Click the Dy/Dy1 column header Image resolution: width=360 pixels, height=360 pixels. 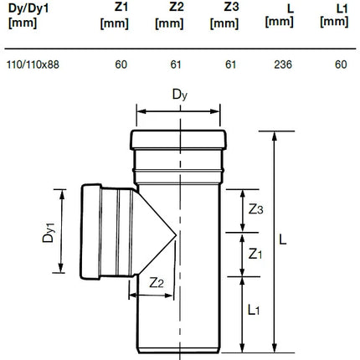click(28, 16)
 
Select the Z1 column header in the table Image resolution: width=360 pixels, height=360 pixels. click(115, 16)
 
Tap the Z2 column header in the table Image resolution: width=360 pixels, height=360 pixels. click(169, 16)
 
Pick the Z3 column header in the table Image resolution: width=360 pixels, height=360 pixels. click(224, 16)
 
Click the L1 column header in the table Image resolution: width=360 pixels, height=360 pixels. click(334, 16)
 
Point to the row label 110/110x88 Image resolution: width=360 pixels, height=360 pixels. click(33, 64)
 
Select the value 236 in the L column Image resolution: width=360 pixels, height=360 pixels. click(283, 64)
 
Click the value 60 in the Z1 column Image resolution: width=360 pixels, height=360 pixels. click(121, 64)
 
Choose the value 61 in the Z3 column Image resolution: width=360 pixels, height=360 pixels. click(231, 64)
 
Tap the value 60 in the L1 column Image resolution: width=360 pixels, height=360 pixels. click(341, 64)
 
